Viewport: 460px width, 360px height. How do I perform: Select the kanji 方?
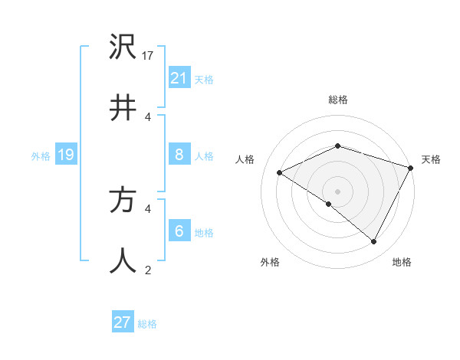[123, 201]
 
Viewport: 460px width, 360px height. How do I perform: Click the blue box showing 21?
[179, 77]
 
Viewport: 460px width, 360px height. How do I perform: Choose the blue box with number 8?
[179, 155]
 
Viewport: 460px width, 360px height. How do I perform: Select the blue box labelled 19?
[66, 155]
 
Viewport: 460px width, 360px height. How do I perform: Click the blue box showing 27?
[123, 322]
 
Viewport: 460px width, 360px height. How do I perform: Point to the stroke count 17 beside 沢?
[149, 56]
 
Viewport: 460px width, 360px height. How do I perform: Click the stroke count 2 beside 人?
[148, 270]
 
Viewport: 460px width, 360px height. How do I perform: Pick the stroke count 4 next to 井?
[148, 117]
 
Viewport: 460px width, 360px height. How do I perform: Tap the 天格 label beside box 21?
[204, 80]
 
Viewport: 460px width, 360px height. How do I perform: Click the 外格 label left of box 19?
[41, 156]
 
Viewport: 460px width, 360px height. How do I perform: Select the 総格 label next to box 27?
[147, 324]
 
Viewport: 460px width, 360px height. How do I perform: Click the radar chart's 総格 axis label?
[338, 100]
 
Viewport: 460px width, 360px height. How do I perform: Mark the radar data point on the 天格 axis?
[412, 168]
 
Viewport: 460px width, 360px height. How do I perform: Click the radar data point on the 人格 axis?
[280, 173]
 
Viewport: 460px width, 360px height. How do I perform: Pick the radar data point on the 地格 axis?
[374, 242]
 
